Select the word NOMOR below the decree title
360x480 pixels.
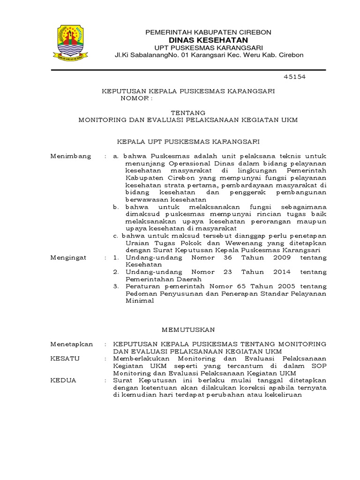pyautogui.click(x=135, y=99)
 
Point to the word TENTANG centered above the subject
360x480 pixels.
pyautogui.click(x=187, y=112)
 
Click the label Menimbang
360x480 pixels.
pyautogui.click(x=71, y=156)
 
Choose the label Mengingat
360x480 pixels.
pyautogui.click(x=68, y=258)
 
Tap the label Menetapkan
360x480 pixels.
pyautogui.click(x=72, y=344)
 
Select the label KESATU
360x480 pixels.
pyautogui.click(x=65, y=358)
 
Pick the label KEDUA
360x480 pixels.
pyautogui.click(x=63, y=380)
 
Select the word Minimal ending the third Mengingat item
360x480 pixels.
pyautogui.click(x=140, y=300)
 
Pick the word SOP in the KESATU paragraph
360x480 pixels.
pyautogui.click(x=320, y=366)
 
